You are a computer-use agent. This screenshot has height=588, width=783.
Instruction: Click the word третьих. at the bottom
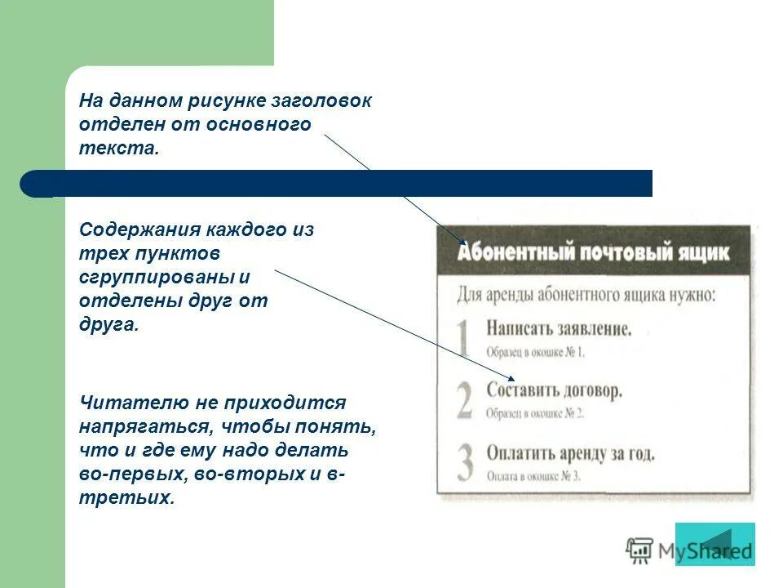pyautogui.click(x=126, y=498)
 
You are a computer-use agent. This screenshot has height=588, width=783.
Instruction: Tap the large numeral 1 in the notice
pyautogui.click(x=463, y=337)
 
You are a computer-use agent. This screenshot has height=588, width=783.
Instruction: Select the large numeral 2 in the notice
pyautogui.click(x=464, y=399)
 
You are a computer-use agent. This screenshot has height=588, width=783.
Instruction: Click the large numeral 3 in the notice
pyautogui.click(x=464, y=461)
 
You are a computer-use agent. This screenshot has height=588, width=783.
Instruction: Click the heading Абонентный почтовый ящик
pyautogui.click(x=593, y=251)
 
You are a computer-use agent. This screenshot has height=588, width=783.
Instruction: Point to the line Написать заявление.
pyautogui.click(x=559, y=329)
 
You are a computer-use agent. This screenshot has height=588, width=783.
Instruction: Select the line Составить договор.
pyautogui.click(x=555, y=390)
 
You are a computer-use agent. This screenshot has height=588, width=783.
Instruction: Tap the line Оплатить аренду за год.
pyautogui.click(x=570, y=452)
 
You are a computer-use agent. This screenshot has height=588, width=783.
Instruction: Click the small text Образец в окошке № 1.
pyautogui.click(x=536, y=352)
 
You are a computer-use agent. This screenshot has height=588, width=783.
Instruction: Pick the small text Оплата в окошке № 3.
pyautogui.click(x=533, y=476)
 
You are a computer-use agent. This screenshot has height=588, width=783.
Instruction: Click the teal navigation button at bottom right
pyautogui.click(x=715, y=544)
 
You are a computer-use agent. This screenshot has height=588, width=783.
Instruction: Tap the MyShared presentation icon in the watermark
pyautogui.click(x=640, y=550)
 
